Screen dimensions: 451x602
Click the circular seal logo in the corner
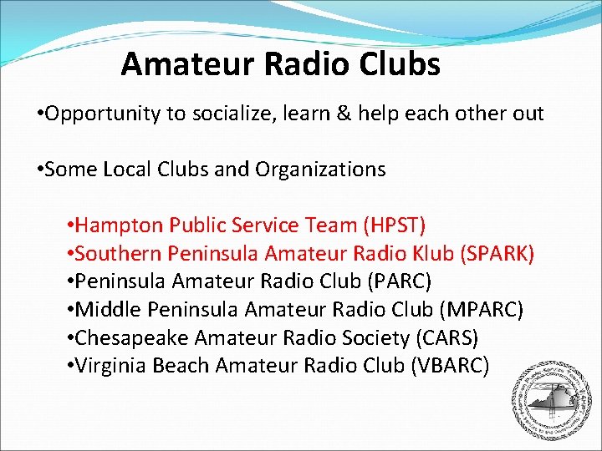[x=546, y=399]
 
